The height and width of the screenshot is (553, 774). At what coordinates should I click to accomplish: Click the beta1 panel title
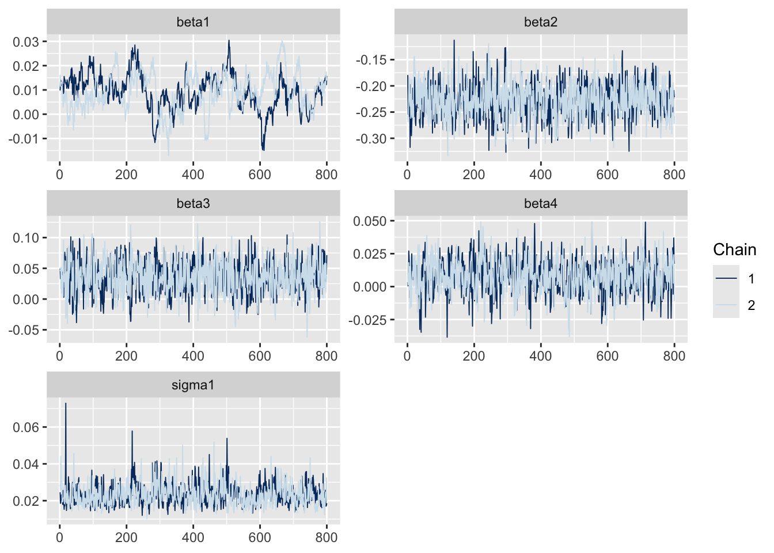193,22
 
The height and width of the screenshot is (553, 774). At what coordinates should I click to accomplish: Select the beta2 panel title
540,22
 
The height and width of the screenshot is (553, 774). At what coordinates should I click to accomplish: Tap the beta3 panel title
193,204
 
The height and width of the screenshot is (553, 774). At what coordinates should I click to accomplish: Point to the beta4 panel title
540,204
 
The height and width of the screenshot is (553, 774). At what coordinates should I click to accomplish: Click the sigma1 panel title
193,385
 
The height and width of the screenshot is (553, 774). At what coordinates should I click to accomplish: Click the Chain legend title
734,249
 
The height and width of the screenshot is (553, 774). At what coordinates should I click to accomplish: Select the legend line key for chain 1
726,279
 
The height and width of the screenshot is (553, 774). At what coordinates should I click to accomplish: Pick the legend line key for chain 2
726,305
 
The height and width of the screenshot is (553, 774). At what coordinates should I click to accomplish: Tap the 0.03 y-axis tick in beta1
26,42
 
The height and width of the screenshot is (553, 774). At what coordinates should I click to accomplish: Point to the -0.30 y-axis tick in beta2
371,139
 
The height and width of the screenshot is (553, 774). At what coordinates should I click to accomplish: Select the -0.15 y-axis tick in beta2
371,60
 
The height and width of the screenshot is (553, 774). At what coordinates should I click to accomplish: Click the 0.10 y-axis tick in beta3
26,238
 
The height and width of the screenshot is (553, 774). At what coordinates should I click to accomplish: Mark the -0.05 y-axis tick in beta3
24,330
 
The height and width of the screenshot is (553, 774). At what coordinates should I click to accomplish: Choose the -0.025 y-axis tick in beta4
369,320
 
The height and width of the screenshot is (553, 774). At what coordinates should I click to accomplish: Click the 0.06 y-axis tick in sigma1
26,427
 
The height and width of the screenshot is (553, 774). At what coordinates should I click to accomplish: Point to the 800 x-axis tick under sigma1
327,537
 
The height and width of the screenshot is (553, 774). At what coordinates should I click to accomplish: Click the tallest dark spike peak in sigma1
66,404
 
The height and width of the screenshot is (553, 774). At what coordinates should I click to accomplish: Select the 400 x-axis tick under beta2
540,175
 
